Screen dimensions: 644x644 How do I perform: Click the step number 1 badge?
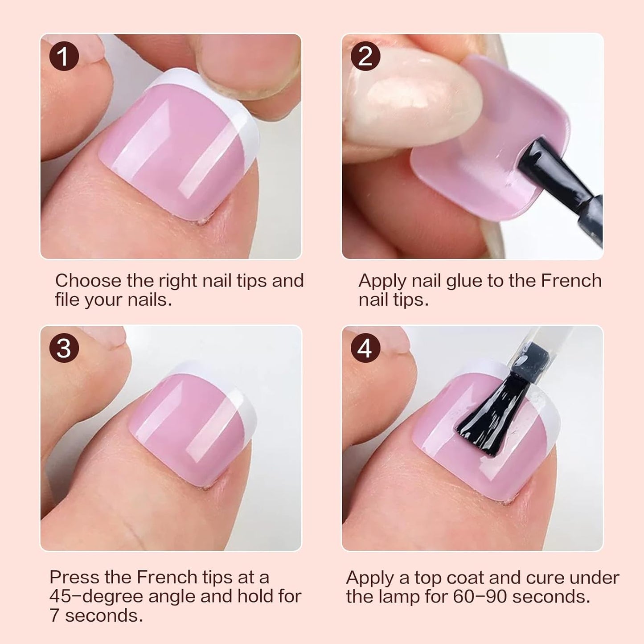click(64, 57)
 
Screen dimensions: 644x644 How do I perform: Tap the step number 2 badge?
click(365, 57)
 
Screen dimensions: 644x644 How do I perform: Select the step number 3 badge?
click(64, 348)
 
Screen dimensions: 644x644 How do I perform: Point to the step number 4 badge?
click(365, 348)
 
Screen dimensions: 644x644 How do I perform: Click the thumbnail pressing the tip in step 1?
click(250, 53)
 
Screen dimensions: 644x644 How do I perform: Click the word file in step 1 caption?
click(67, 299)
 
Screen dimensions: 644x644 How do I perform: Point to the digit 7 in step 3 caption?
click(54, 615)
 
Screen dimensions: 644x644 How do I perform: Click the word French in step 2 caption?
click(571, 281)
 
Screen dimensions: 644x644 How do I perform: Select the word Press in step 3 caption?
click(74, 577)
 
